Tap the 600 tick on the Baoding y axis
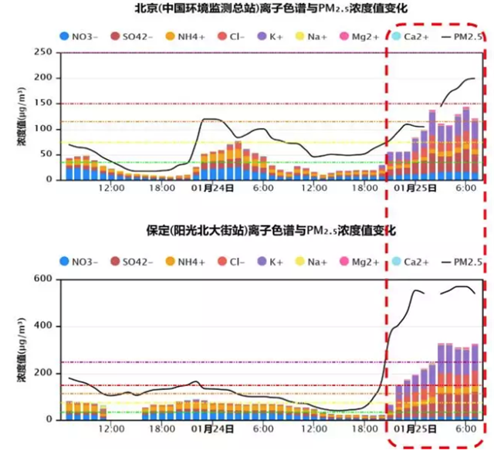41,279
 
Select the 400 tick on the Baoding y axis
41,326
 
